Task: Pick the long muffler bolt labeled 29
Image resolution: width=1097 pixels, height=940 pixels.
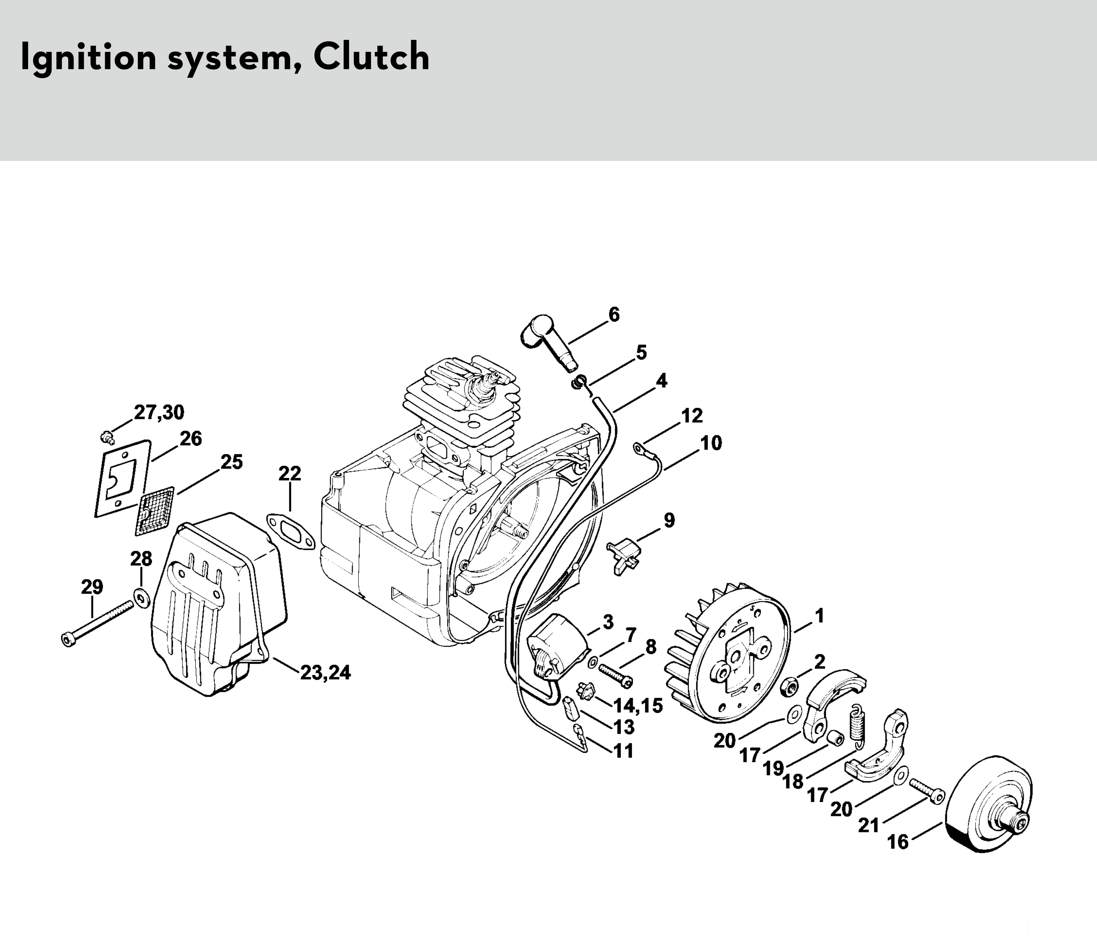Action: pyautogui.click(x=98, y=622)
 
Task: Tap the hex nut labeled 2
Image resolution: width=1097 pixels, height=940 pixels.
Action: pyautogui.click(x=790, y=687)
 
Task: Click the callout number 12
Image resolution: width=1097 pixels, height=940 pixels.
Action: pyautogui.click(x=691, y=416)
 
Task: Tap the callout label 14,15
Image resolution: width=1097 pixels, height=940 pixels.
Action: pyautogui.click(x=637, y=705)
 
